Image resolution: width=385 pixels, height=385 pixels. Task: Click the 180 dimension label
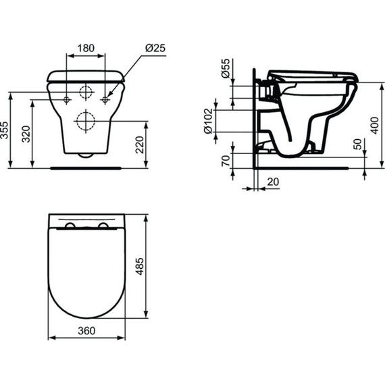tap(85, 49)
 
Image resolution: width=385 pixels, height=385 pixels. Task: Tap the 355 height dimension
tap(6, 130)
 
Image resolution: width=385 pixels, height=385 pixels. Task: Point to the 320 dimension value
tap(26, 134)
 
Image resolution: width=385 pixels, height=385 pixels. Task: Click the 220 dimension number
tap(140, 145)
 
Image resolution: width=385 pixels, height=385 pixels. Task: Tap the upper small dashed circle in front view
tap(86, 93)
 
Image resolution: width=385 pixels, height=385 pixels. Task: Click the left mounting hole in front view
tap(67, 100)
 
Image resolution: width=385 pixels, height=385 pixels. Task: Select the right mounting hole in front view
tap(105, 100)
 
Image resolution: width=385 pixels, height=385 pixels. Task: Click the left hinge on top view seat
tap(70, 225)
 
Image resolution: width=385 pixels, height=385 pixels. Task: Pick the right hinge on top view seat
tap(103, 225)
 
